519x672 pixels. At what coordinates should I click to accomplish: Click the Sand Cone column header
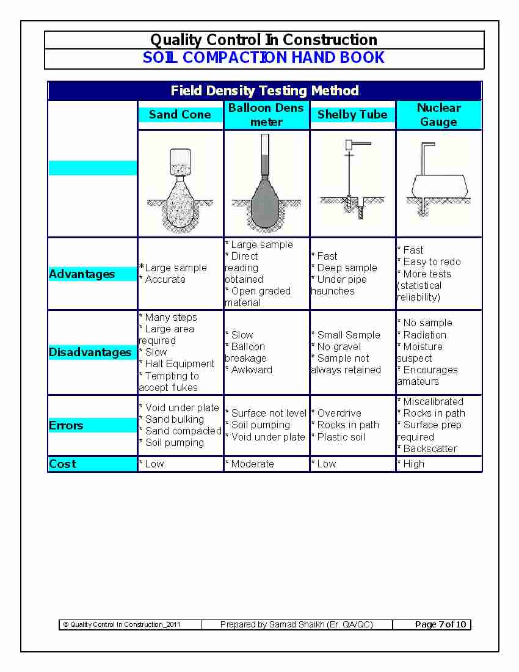[x=180, y=114]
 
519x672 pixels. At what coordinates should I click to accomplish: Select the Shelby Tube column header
[x=352, y=114]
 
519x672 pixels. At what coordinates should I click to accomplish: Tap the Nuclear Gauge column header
[x=438, y=115]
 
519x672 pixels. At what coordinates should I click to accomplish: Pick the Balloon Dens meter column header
[x=266, y=115]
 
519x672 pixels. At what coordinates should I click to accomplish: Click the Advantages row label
[x=82, y=274]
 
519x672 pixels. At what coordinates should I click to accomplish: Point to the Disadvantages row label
[x=90, y=352]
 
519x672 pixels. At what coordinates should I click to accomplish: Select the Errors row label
[x=66, y=426]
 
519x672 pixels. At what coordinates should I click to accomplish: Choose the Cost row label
[x=62, y=464]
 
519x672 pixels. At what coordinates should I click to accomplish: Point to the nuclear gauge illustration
[x=438, y=180]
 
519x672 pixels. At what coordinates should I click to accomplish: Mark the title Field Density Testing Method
[x=264, y=91]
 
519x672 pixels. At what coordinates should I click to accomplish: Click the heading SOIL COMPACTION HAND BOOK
[x=264, y=58]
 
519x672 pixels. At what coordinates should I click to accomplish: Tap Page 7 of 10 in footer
[x=440, y=624]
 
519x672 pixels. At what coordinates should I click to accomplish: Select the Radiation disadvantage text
[x=424, y=335]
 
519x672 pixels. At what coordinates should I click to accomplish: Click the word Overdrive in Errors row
[x=339, y=414]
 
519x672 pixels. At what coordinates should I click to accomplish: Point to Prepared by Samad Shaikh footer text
[x=296, y=624]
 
